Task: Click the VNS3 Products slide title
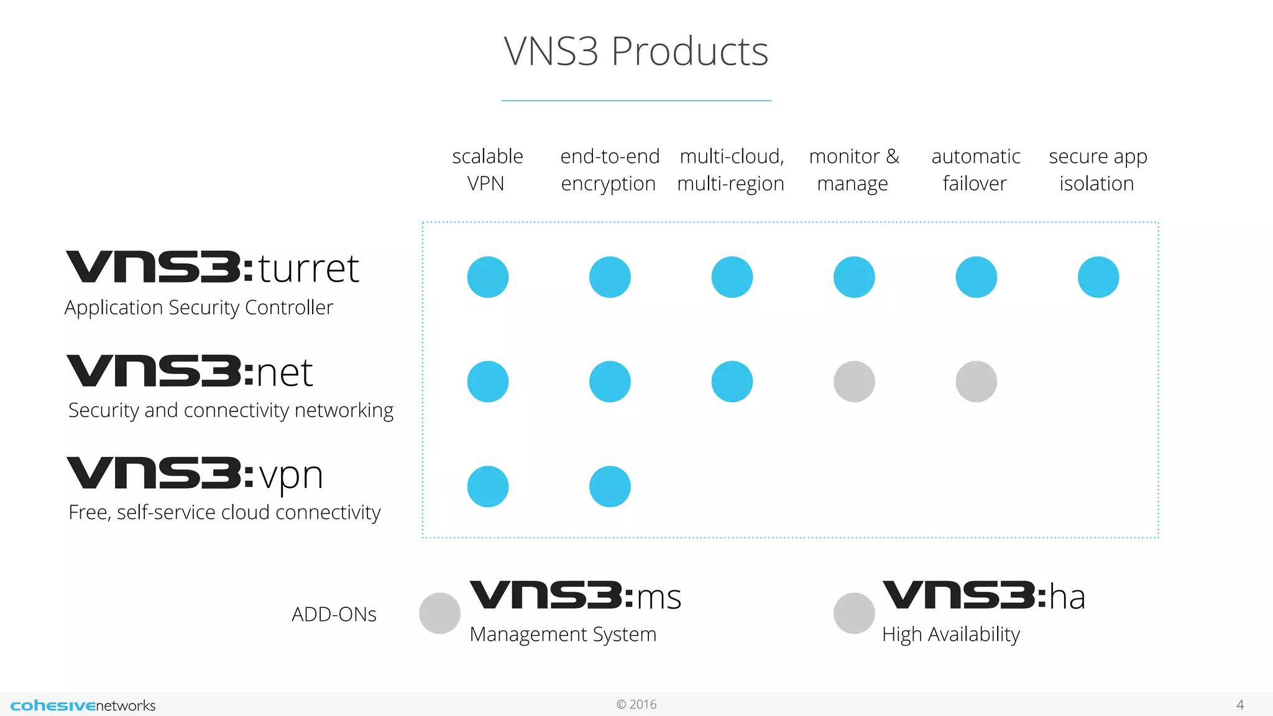(636, 51)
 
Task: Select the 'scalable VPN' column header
(487, 170)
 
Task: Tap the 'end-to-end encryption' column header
(609, 170)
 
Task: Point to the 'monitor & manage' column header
(853, 170)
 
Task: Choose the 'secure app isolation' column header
(1097, 170)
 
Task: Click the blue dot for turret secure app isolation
(1098, 277)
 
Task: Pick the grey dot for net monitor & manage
(854, 382)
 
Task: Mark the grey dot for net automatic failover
(976, 382)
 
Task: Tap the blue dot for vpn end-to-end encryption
(610, 487)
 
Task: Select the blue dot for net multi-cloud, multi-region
(732, 382)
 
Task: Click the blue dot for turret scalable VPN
(488, 277)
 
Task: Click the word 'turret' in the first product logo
(309, 269)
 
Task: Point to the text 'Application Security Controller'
(199, 308)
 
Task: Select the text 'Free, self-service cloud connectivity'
(224, 513)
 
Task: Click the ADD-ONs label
(334, 615)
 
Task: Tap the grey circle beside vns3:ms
(439, 613)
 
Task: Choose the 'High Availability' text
(950, 635)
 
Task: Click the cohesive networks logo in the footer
(83, 705)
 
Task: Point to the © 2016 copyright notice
(636, 705)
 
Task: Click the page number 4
(1239, 705)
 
